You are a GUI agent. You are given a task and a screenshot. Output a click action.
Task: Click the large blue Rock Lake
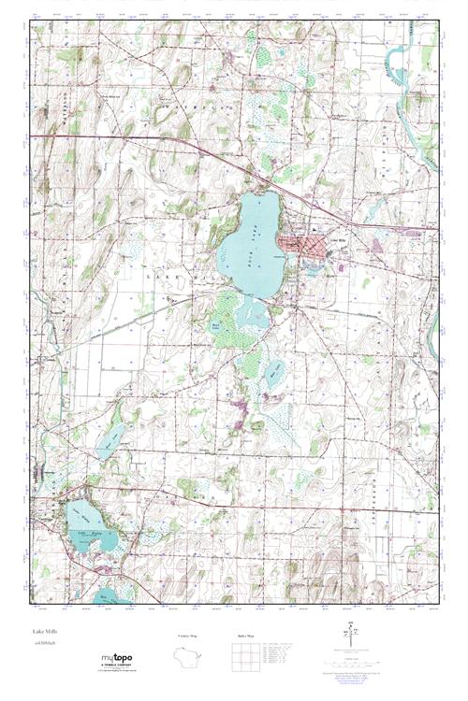pos(248,252)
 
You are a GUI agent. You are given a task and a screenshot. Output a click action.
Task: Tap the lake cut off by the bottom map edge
pos(109,594)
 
